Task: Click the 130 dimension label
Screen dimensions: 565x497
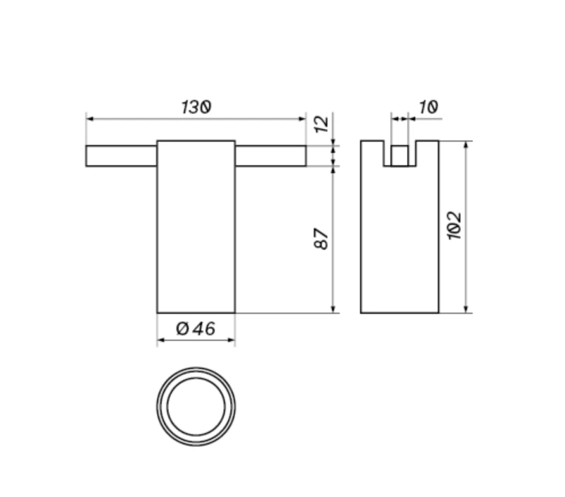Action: click(196, 107)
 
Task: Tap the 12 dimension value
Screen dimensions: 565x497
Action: click(321, 124)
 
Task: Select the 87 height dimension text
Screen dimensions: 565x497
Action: click(321, 239)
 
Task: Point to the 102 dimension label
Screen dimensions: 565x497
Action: click(454, 225)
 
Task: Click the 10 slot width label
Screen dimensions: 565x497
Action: click(429, 107)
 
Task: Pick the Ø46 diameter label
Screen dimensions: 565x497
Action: click(196, 328)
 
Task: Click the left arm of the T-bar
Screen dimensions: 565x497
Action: click(121, 156)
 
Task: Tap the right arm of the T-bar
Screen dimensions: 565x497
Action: click(270, 156)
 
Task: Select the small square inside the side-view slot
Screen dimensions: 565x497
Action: click(400, 156)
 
